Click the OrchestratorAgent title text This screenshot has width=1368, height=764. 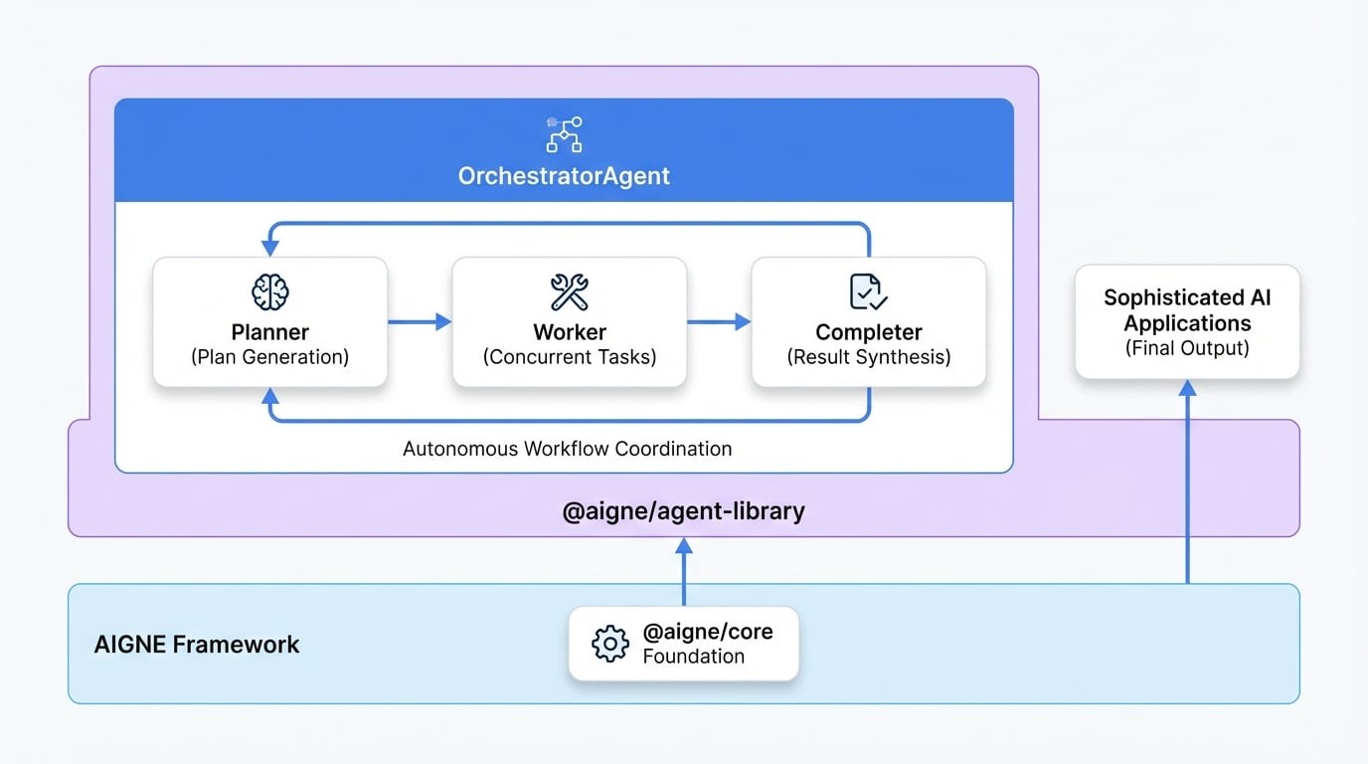tap(564, 176)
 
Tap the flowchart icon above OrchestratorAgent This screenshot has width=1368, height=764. tap(564, 134)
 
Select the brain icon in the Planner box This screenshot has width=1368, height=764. tap(269, 292)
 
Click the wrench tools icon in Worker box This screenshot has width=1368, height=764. tap(570, 292)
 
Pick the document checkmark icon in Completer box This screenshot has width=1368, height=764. tap(868, 292)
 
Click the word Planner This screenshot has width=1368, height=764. tap(269, 332)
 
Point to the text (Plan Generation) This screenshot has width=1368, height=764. tap(269, 357)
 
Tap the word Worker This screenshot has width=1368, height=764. tap(570, 332)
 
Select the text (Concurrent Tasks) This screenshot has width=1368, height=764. tap(570, 357)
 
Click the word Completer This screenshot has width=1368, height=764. tap(868, 332)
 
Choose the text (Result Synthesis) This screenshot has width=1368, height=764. tap(868, 357)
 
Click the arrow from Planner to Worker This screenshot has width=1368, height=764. tap(420, 321)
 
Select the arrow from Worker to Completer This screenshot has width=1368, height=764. tap(719, 321)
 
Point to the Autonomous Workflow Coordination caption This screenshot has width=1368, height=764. tap(567, 449)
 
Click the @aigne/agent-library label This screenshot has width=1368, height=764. tap(683, 512)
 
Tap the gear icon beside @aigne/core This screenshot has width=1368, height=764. tap(609, 644)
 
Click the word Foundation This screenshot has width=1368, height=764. tap(693, 657)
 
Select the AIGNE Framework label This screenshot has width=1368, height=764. tap(197, 644)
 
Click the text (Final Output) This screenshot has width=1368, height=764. tap(1187, 348)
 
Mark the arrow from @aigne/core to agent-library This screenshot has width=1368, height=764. tap(683, 572)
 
